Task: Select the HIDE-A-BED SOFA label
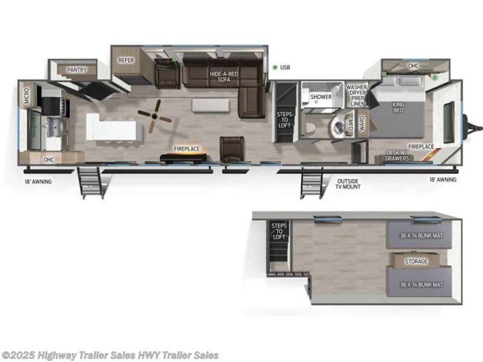pos(223,76)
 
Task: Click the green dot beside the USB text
pos(275,67)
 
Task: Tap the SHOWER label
pos(321,97)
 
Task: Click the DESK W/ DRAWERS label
pos(396,155)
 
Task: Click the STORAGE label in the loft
pos(416,261)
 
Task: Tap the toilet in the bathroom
pos(311,126)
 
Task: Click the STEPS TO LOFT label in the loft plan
pos(278,231)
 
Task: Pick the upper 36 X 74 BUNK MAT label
pos(421,235)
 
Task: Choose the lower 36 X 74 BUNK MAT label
pos(421,284)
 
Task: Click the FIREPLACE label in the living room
pos(186,149)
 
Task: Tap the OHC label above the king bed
pos(414,66)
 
